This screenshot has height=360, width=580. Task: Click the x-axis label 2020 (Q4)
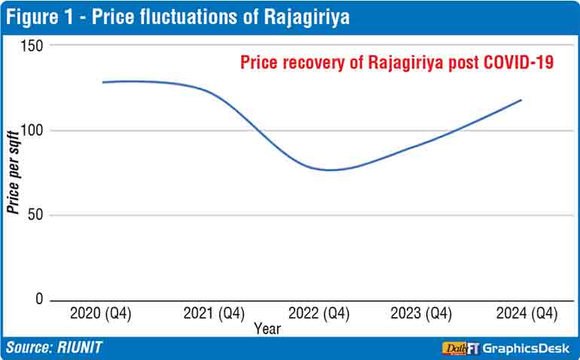click(x=100, y=314)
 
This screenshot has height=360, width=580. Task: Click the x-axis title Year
click(x=267, y=328)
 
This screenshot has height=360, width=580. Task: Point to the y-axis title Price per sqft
click(x=13, y=172)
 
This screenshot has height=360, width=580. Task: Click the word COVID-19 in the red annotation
click(x=518, y=63)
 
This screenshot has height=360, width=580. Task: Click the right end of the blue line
click(x=521, y=100)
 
